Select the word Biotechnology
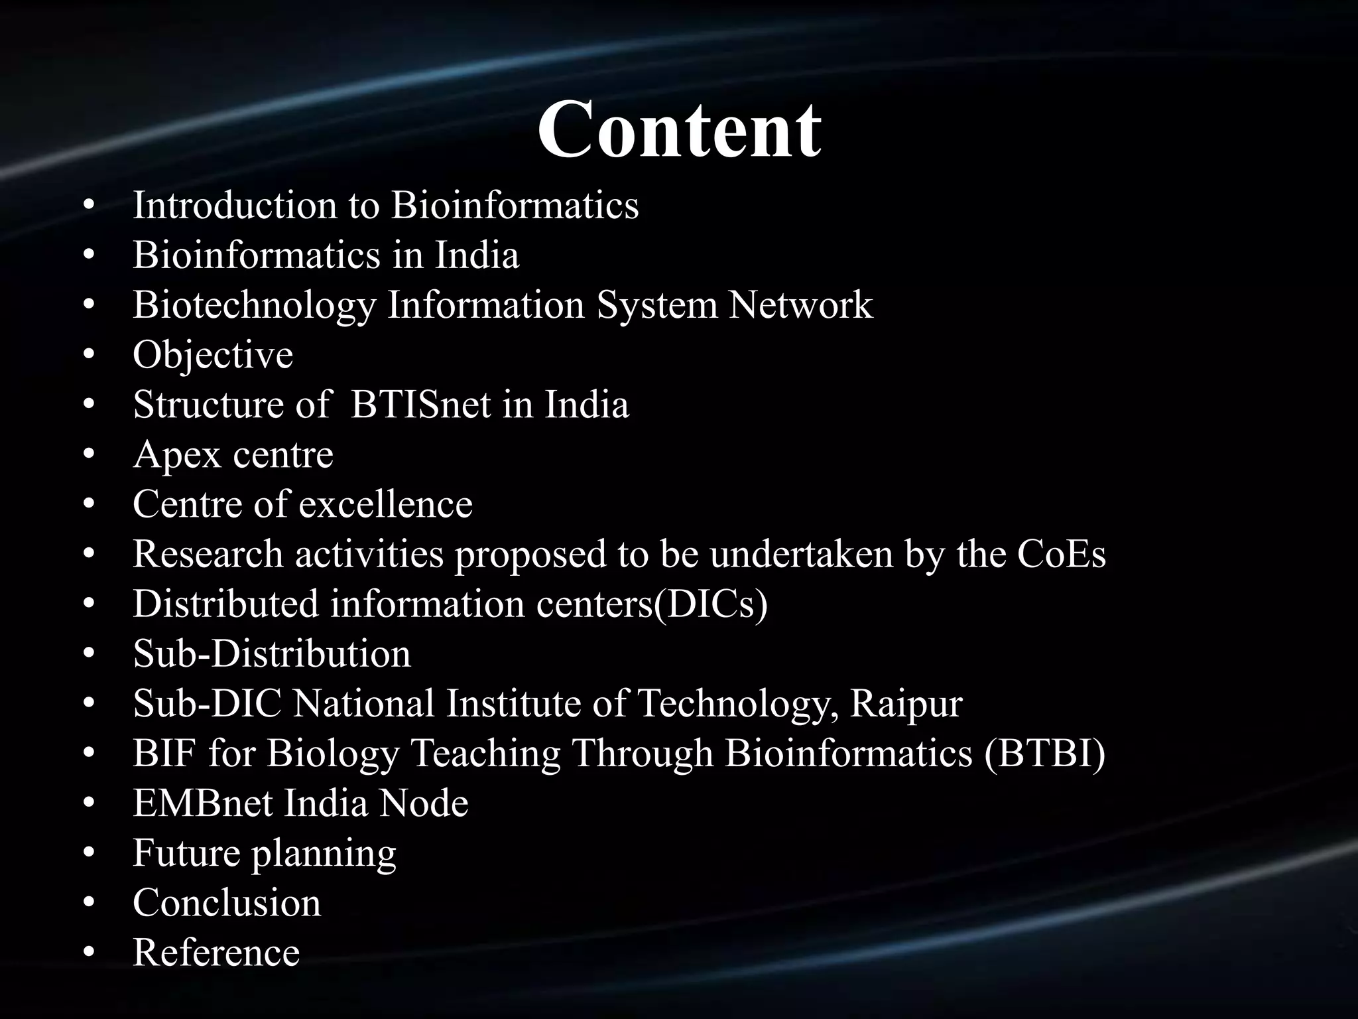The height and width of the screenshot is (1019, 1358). tap(254, 306)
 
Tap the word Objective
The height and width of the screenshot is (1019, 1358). tap(213, 355)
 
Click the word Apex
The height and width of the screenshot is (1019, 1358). tap(176, 456)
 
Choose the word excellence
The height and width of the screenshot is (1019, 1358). tap(385, 504)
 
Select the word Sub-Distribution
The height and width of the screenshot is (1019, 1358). tap(272, 654)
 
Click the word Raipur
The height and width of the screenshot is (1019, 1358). tap(906, 704)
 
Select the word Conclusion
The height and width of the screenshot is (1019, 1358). tap(227, 903)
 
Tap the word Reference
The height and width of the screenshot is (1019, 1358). tap(216, 953)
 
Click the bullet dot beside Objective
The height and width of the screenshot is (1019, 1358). tap(90, 356)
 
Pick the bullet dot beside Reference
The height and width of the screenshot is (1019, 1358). tap(90, 953)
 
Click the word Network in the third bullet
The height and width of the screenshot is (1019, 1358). tap(800, 306)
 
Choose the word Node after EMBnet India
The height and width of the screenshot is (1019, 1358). tap(424, 803)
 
